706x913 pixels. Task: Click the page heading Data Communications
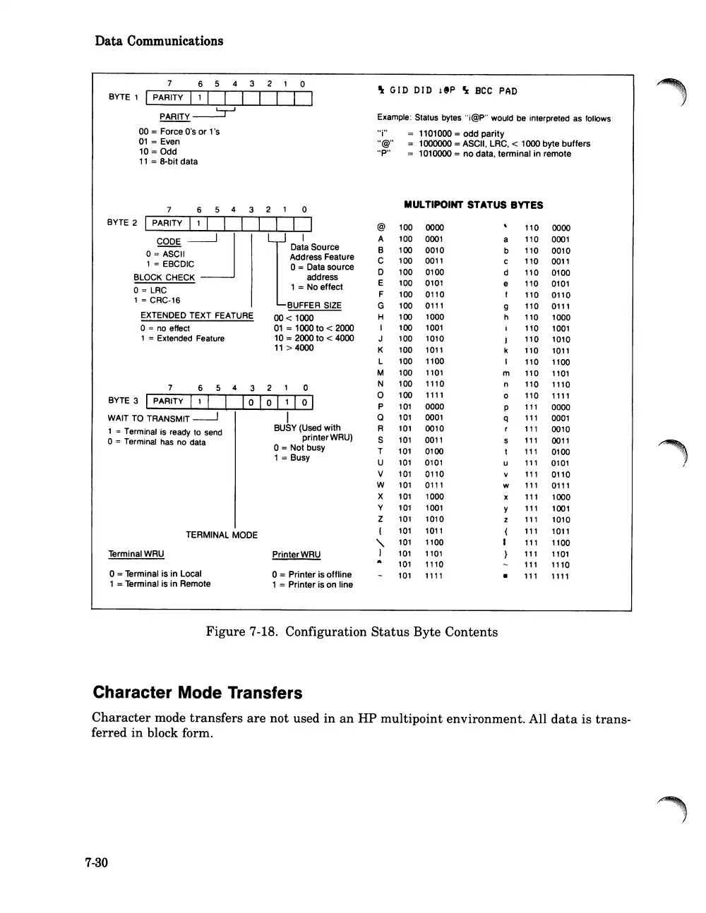(x=159, y=41)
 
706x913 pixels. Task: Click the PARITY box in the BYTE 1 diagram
(x=168, y=97)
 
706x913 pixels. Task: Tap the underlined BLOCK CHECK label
(x=164, y=277)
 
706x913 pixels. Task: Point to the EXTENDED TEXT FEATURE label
(x=196, y=315)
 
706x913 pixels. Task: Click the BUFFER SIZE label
(x=314, y=306)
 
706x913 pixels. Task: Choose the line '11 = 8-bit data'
(x=168, y=162)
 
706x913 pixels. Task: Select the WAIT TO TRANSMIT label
(x=148, y=418)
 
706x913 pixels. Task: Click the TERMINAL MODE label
(x=222, y=535)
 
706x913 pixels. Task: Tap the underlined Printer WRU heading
(x=296, y=555)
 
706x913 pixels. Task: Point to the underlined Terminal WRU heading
(x=136, y=554)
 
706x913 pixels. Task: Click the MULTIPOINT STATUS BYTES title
(x=473, y=205)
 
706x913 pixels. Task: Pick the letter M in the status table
(x=381, y=373)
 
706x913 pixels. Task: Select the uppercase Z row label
(x=381, y=519)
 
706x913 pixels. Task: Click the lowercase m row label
(x=506, y=373)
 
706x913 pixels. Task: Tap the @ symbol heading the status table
(x=381, y=227)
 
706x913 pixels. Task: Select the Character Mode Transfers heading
(x=198, y=693)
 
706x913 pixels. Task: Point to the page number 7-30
(x=97, y=862)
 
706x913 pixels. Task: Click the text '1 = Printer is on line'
(x=312, y=584)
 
